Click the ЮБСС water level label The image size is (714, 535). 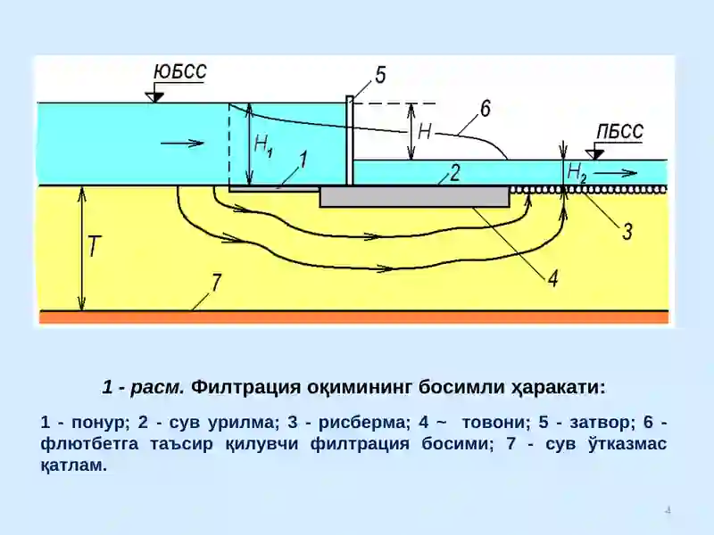coord(180,72)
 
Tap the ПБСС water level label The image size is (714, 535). coord(619,132)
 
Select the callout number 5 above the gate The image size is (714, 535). coord(380,75)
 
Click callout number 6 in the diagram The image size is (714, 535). coord(486,109)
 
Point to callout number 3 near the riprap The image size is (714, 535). coord(627,231)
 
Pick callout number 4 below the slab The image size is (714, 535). coord(552,278)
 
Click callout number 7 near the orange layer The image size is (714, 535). coord(215,283)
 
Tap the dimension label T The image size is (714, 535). coord(94,246)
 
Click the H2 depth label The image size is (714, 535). coord(577,173)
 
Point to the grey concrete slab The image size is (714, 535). coord(414,196)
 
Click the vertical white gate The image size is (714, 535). coord(350,141)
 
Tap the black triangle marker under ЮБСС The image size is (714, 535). coord(154,97)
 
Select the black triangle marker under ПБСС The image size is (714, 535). coord(594,154)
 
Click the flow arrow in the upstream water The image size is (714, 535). coord(182,144)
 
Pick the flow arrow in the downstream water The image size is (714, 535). coord(615,173)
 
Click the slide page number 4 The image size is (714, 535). coord(668,510)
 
